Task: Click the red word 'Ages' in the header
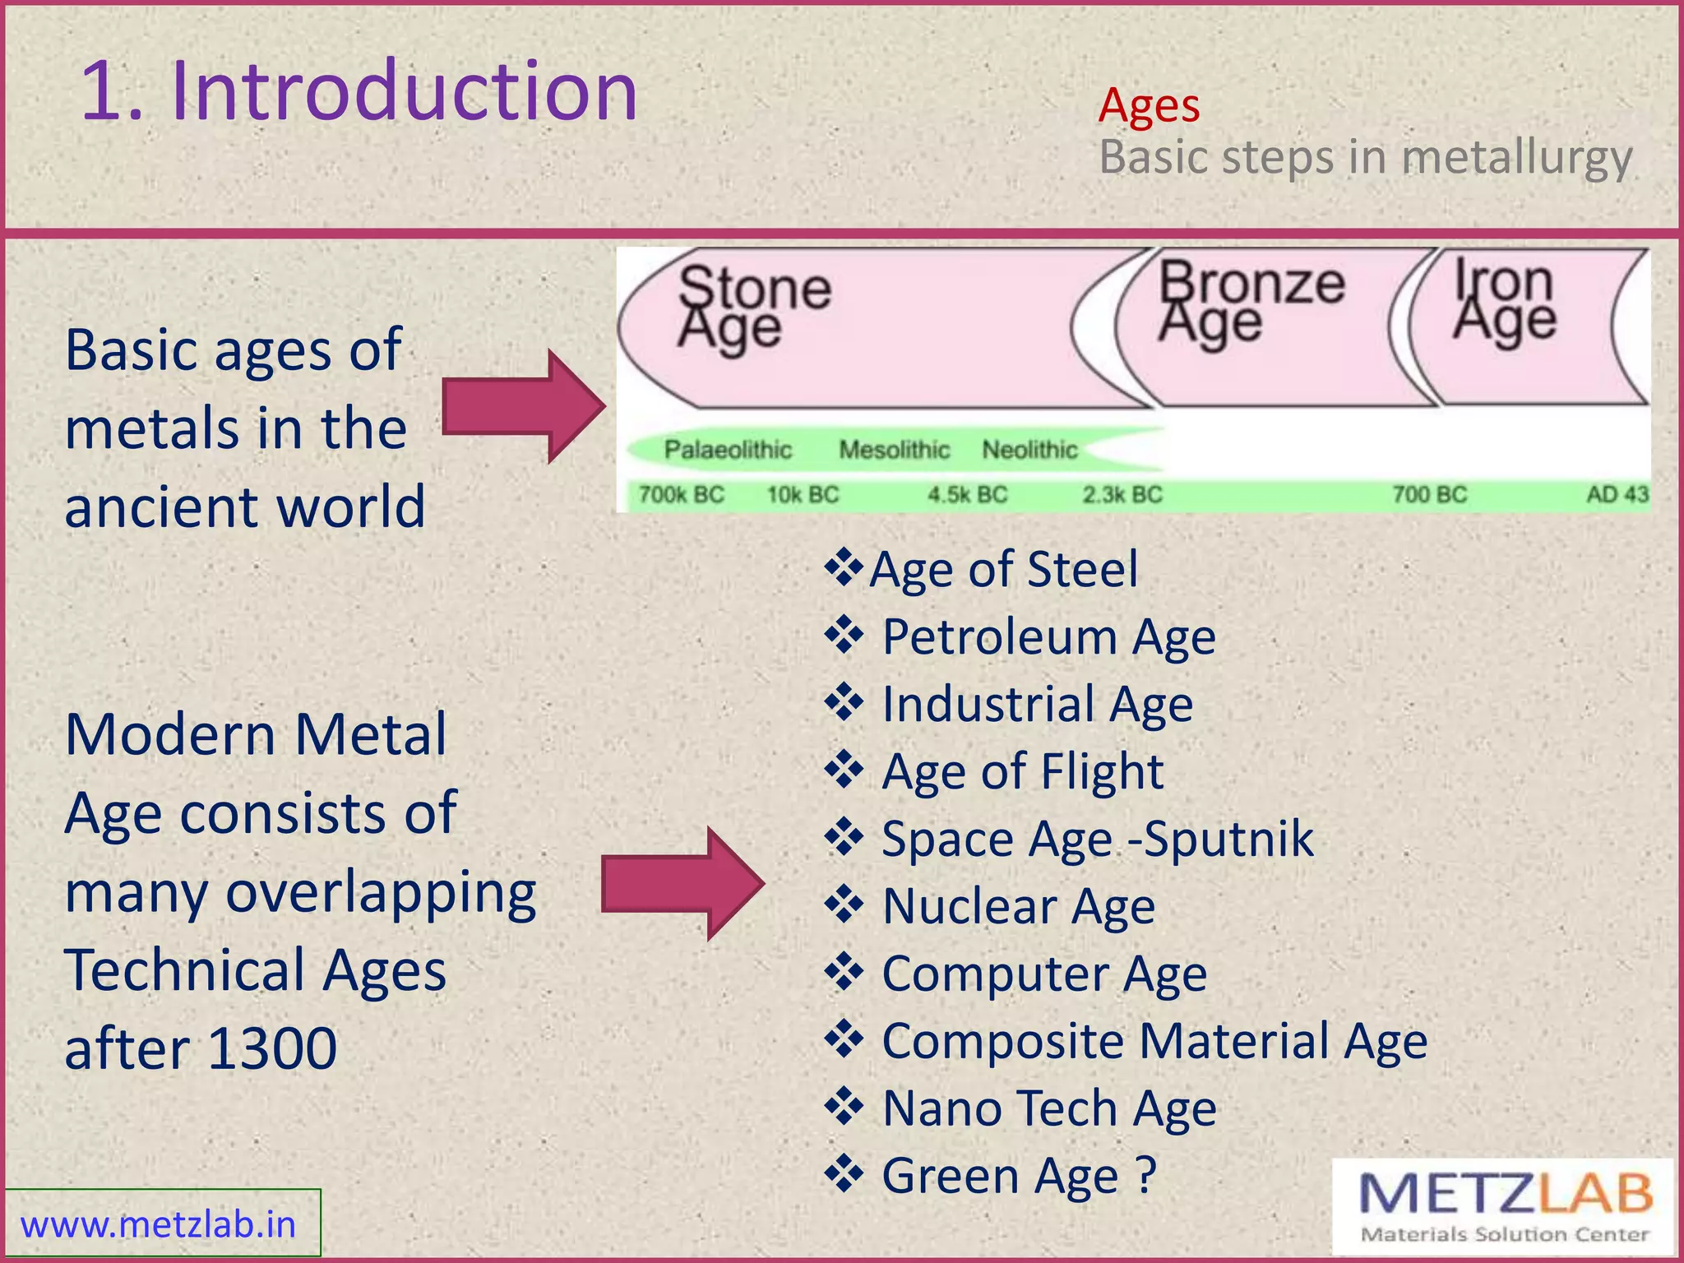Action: (1149, 106)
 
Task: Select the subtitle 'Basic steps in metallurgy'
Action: (1365, 157)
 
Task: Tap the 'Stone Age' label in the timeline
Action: (752, 307)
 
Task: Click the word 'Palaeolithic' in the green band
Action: (728, 450)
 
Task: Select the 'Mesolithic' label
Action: (894, 450)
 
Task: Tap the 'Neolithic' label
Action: (1029, 450)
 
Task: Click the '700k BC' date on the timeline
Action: (681, 495)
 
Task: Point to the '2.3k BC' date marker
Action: (1122, 495)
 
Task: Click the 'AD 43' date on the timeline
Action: (1617, 495)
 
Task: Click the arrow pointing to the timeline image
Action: (523, 406)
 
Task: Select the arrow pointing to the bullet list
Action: (682, 884)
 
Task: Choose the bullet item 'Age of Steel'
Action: (1003, 569)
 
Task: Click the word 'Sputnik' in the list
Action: (1228, 839)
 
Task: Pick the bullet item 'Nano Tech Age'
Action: (1048, 1108)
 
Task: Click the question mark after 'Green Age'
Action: (1146, 1174)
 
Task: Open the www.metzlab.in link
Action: (158, 1224)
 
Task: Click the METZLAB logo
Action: (1503, 1206)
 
